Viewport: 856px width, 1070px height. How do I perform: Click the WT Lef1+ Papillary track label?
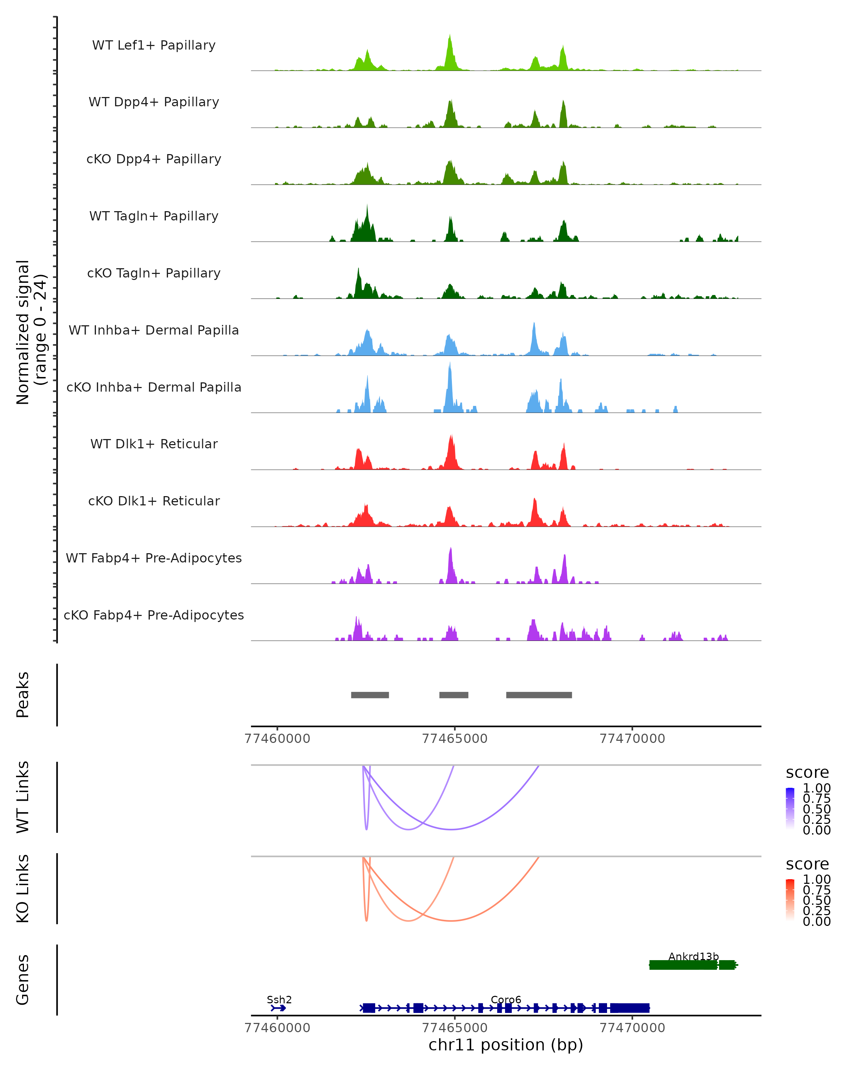click(x=154, y=45)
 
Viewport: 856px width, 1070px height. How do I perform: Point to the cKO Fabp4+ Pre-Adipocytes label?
click(x=154, y=615)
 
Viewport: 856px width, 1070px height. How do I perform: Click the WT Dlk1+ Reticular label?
click(x=154, y=444)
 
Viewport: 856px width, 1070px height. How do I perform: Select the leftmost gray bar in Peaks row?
click(x=370, y=695)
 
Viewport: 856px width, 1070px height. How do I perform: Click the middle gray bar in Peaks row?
click(x=454, y=695)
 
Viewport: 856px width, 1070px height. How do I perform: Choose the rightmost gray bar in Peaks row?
click(x=539, y=695)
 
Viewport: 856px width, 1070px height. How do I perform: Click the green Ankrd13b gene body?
click(x=683, y=965)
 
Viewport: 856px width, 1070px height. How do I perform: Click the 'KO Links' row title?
click(x=23, y=888)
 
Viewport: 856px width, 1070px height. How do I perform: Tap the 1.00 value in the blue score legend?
click(x=816, y=788)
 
